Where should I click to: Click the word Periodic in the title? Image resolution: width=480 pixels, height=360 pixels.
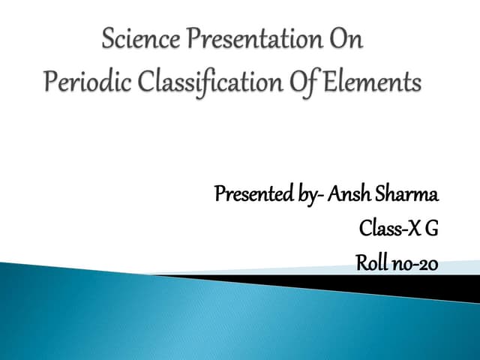[78, 82]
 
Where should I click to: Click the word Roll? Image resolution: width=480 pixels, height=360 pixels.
[372, 264]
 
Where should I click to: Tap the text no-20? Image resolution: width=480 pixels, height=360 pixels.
[415, 264]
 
